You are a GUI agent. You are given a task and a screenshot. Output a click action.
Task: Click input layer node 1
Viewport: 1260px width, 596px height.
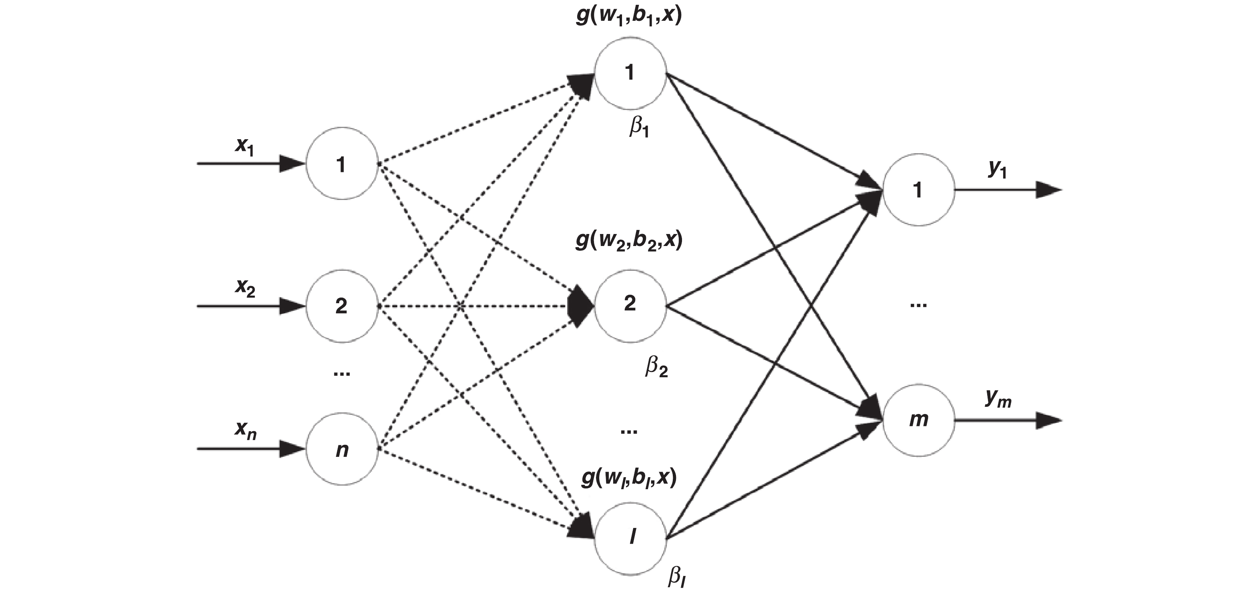[x=342, y=164]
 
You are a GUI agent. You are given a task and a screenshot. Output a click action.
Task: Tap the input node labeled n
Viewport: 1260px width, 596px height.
[x=342, y=449]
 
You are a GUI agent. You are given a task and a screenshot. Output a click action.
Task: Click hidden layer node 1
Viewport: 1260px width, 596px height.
[x=630, y=73]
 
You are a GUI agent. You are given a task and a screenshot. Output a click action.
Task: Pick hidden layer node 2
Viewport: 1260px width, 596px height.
[x=630, y=305]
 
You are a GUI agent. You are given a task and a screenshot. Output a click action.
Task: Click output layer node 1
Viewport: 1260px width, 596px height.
[x=918, y=190]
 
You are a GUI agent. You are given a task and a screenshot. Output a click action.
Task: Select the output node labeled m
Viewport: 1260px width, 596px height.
[x=918, y=420]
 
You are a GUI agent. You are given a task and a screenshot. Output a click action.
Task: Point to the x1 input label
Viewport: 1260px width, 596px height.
[x=244, y=146]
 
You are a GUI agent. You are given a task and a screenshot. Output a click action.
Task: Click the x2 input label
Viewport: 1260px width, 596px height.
[x=244, y=287]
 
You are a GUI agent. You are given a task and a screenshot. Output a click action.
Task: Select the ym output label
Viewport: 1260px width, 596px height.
[x=998, y=399]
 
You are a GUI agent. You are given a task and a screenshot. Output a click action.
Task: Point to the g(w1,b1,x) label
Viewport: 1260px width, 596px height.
[x=629, y=16]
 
